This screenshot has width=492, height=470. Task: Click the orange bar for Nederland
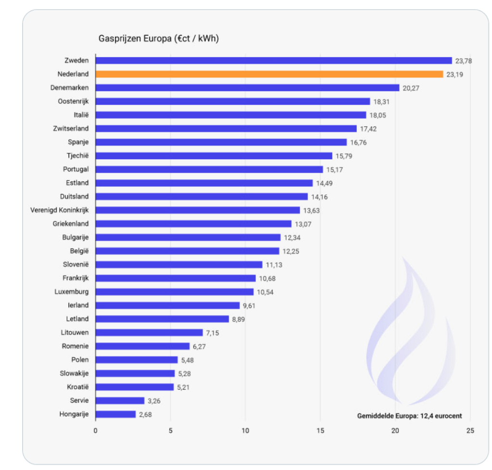point(269,74)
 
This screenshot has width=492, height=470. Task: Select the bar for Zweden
point(274,61)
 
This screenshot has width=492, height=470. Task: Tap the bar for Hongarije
point(116,414)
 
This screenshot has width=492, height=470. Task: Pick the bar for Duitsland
point(202,196)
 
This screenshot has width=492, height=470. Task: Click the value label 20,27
point(410,88)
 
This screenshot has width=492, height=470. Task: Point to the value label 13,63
point(311,210)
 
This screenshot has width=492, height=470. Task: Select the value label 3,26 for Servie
point(154,401)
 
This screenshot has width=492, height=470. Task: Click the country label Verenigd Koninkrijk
point(59,210)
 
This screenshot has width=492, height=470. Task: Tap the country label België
point(79,251)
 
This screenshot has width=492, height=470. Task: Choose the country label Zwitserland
point(71,128)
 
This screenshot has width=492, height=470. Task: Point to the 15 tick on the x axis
point(320,431)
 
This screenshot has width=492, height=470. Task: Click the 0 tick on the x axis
point(96,431)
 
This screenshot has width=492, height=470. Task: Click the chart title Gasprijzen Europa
point(158,38)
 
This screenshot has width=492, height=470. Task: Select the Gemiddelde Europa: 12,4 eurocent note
point(409,416)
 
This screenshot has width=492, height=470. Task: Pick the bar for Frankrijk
point(176,278)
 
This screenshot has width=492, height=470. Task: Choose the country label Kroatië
point(78,387)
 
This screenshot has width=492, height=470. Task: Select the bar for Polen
point(137,360)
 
